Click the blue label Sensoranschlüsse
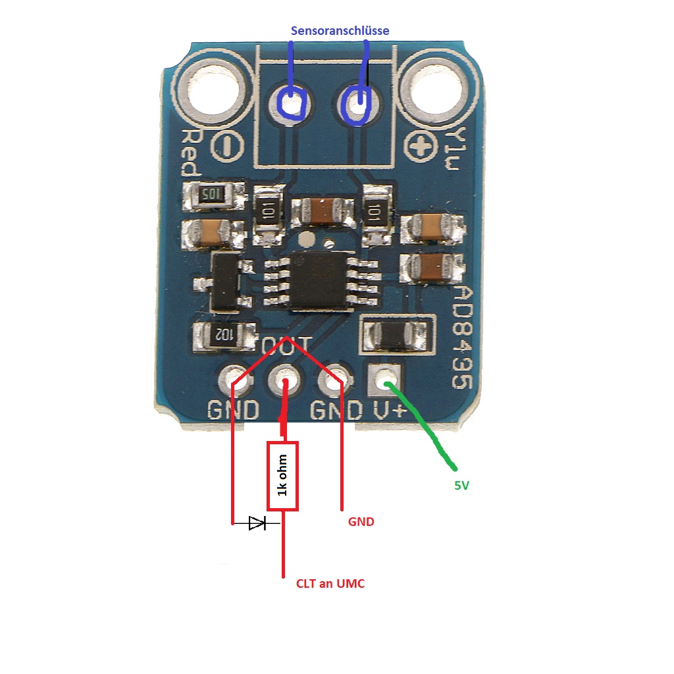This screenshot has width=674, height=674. pos(340,31)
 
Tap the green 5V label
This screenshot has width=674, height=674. pos(461,486)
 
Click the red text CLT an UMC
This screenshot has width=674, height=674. pos(330,583)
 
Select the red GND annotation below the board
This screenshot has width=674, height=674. pos(361,522)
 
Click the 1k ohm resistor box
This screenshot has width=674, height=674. pos(282,475)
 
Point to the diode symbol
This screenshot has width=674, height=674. pos(257,523)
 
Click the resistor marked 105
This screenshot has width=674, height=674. pos(212,194)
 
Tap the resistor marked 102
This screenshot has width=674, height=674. pos(224,334)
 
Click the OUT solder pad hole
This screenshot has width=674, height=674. pos(285,380)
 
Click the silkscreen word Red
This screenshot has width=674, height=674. pos(190,153)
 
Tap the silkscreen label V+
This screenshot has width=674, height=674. pos(390,410)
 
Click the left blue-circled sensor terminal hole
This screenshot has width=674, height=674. pos(290,102)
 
